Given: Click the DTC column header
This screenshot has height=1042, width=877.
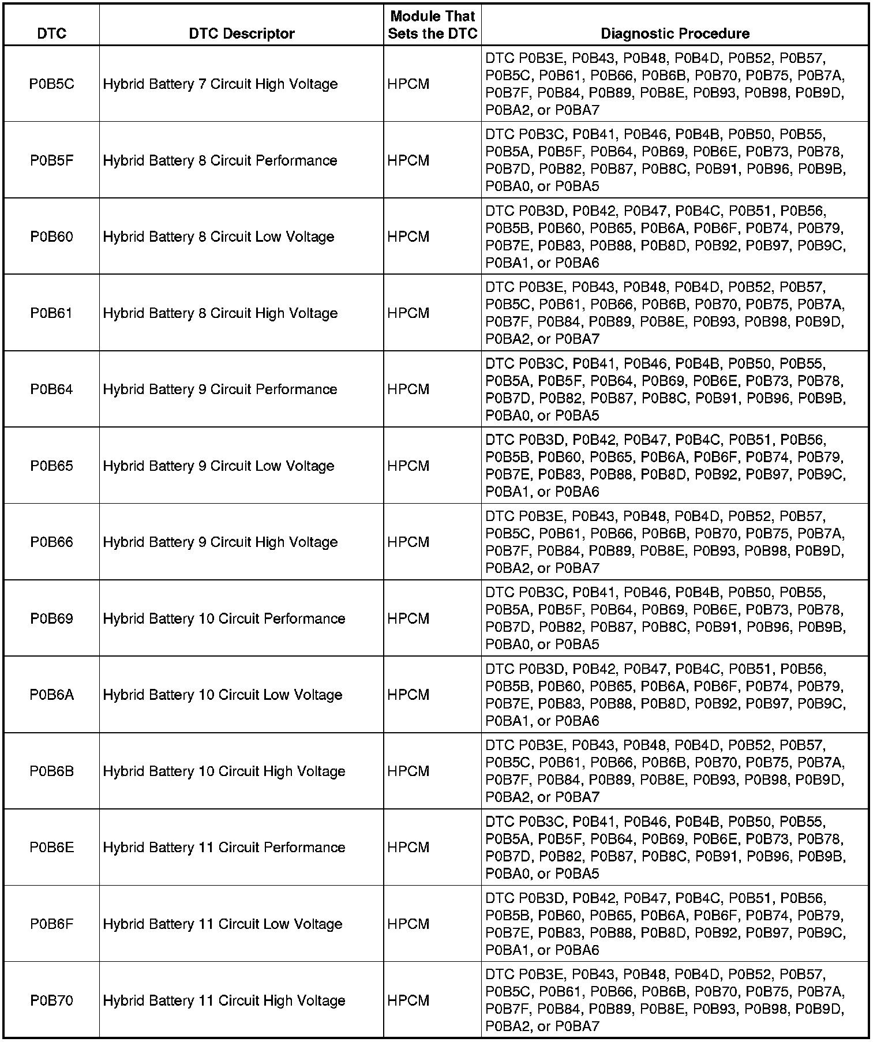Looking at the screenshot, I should (51, 33).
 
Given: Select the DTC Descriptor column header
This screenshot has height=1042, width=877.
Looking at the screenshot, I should (241, 33).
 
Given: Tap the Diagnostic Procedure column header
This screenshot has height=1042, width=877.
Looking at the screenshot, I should (674, 33).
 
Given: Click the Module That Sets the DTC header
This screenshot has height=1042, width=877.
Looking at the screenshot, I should (432, 25).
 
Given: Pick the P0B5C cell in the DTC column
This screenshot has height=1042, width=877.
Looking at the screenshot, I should (51, 84).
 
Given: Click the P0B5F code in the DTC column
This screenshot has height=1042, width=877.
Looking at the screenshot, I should (51, 160).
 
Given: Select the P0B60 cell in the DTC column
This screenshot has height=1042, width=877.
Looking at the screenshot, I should (51, 237).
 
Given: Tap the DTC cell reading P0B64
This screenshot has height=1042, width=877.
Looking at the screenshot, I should (51, 389).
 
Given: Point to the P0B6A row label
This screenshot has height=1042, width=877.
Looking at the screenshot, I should (51, 695).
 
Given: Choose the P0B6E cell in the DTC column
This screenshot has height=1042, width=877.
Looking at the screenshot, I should (51, 848).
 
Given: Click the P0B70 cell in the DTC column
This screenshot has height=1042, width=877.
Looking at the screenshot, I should (51, 1000).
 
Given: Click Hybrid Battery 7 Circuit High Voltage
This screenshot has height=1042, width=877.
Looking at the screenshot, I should (220, 84).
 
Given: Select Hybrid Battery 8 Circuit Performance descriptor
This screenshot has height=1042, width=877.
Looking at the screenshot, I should (220, 160).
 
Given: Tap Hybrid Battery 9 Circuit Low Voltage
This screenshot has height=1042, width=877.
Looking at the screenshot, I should (219, 466).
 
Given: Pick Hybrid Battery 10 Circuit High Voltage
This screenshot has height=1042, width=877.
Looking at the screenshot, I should (224, 771).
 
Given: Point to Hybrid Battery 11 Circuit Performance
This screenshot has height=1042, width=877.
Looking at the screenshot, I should (224, 848).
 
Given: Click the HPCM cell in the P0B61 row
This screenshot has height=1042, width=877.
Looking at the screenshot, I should (408, 313).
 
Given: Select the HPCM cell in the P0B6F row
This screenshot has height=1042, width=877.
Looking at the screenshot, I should (408, 924).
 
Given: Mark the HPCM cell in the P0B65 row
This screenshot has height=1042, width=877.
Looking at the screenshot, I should (408, 466).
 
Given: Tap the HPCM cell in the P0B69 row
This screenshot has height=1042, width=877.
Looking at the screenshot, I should (408, 619).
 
